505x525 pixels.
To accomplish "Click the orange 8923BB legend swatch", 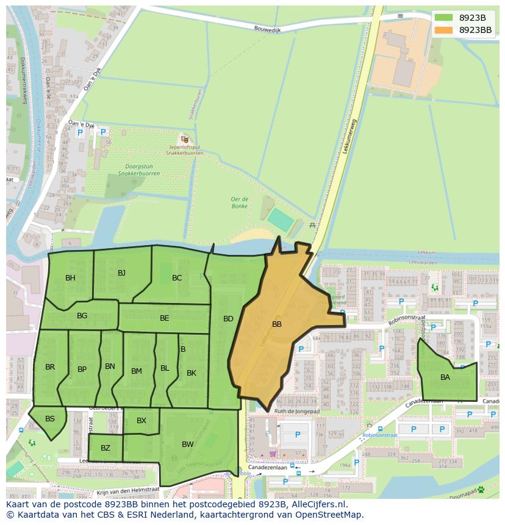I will (x=444, y=30).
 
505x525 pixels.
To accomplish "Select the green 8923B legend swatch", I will (x=444, y=18).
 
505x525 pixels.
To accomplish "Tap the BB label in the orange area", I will (x=277, y=324).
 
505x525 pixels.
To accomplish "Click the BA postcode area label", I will (x=445, y=377).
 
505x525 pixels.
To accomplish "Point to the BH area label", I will (x=70, y=278).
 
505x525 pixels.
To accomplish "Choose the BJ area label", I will (x=121, y=273).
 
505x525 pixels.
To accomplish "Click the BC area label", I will (x=177, y=278).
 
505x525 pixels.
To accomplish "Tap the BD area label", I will (x=228, y=318).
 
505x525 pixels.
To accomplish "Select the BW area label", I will (x=187, y=445).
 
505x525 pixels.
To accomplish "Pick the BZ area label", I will (x=106, y=448).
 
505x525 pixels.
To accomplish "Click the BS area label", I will (x=50, y=418).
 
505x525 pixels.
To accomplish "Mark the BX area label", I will (x=141, y=421).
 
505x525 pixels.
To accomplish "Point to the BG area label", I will (x=82, y=315).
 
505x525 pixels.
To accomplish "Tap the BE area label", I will (x=165, y=318).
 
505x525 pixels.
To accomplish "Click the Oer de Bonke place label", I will (x=239, y=202).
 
